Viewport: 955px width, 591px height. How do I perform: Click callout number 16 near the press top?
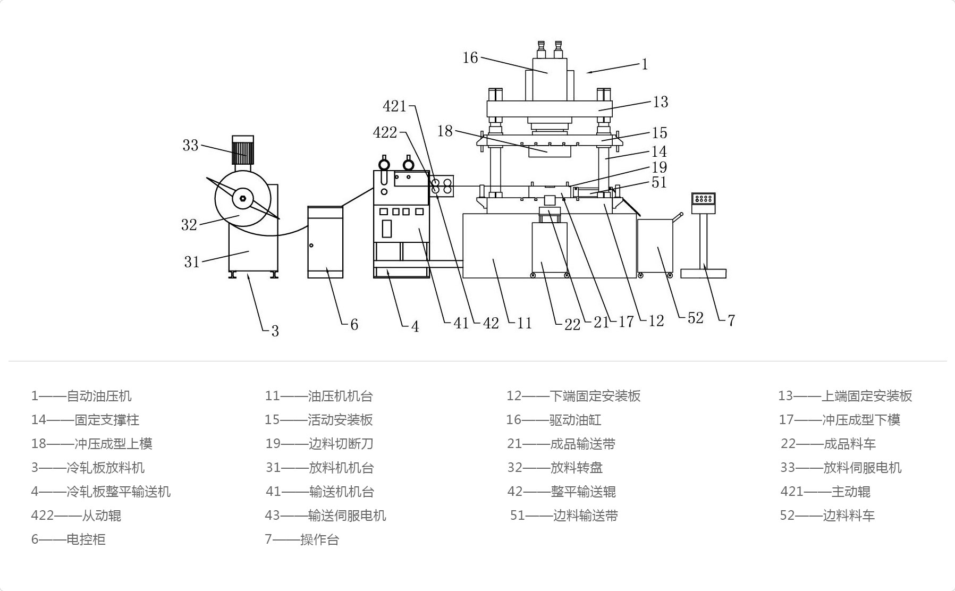click(470, 57)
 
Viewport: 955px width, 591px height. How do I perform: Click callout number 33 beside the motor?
click(190, 145)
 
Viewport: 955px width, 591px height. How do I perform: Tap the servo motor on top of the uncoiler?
click(243, 150)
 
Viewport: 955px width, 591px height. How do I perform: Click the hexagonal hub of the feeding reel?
click(243, 198)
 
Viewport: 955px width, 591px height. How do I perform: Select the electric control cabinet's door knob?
click(311, 245)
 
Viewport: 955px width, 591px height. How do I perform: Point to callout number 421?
click(394, 107)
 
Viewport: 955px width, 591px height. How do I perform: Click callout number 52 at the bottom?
click(695, 318)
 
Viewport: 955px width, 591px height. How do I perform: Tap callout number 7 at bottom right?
click(731, 320)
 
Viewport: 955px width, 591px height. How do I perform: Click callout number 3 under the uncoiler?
click(275, 331)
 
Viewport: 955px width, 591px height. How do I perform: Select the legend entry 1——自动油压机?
click(81, 396)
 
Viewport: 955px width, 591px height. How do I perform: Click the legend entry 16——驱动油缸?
click(553, 420)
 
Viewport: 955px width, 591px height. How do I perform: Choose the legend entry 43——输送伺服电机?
click(325, 516)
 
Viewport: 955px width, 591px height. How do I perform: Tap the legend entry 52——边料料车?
click(826, 516)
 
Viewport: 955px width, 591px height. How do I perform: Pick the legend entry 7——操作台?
click(301, 539)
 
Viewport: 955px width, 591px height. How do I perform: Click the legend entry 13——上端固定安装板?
click(844, 396)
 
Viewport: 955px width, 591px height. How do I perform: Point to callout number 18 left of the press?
click(445, 131)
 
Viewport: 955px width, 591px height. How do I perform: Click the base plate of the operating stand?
click(703, 274)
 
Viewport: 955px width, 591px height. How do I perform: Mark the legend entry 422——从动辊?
click(76, 516)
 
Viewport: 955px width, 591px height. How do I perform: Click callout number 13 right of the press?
click(660, 102)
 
